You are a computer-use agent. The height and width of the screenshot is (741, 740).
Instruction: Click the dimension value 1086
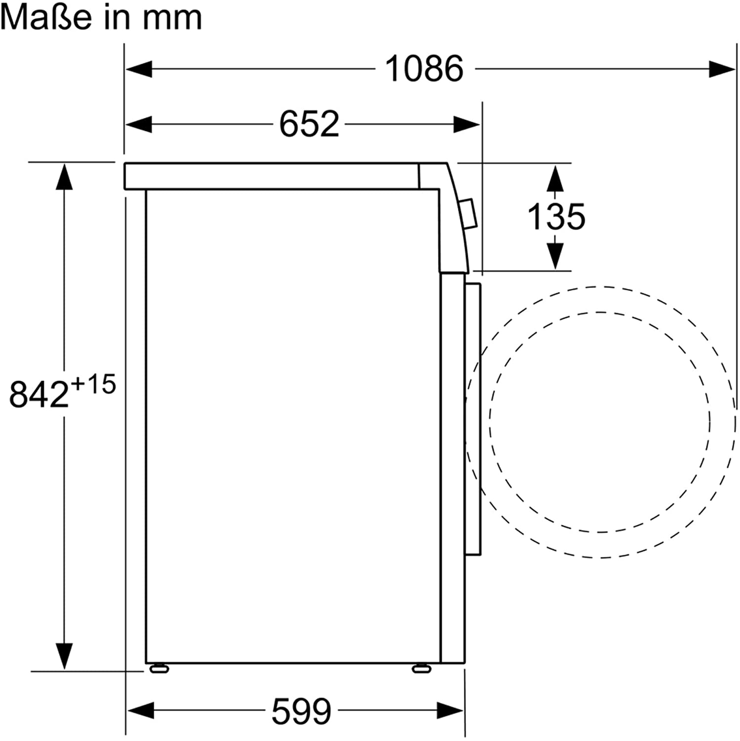424,69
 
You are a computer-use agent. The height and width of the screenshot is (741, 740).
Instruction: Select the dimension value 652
309,124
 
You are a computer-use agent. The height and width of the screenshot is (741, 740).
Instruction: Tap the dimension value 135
556,216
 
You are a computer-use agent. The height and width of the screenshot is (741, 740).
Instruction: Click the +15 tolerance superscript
93,384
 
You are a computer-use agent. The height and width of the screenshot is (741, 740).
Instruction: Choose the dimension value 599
301,711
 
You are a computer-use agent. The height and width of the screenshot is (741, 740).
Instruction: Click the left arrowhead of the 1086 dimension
139,69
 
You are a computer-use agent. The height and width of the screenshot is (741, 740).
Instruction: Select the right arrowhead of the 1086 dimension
722,69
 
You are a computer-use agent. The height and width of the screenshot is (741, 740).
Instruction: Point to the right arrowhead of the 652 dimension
466,124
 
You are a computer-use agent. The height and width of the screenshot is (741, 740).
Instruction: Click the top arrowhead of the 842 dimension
64,177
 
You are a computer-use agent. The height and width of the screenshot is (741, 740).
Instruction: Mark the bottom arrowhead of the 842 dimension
64,656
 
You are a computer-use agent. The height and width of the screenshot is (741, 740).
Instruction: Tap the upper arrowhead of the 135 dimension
555,178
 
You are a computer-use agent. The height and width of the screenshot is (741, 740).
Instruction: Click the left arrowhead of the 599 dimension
141,711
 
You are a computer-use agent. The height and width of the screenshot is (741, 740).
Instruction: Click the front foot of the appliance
421,668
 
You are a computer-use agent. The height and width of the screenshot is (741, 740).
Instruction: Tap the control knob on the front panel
468,214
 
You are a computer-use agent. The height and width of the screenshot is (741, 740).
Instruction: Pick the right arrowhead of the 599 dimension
450,711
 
